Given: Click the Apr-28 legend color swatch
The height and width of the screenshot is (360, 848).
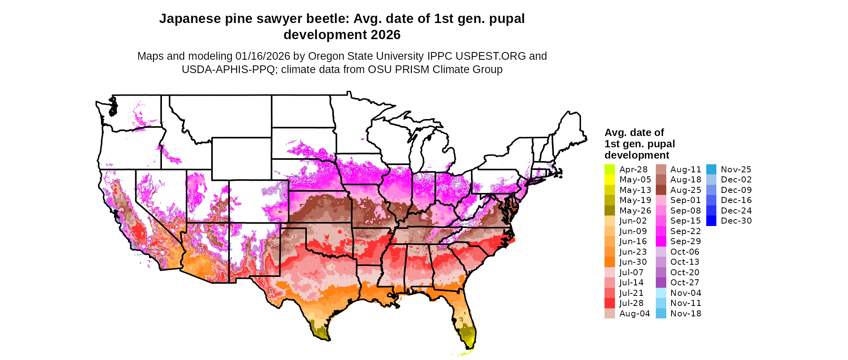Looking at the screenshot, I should click(x=610, y=170).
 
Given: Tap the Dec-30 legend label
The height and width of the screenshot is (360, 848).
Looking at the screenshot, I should click(x=736, y=221).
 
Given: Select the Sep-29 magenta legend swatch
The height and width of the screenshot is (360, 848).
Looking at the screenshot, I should click(x=661, y=241).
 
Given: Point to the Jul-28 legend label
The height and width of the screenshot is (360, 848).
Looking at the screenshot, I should click(x=632, y=303).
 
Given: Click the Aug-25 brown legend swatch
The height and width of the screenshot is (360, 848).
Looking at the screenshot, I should click(x=661, y=190).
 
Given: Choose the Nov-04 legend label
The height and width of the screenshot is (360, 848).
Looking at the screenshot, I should click(x=686, y=293).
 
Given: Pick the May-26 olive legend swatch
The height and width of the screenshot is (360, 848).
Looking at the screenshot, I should click(x=610, y=211).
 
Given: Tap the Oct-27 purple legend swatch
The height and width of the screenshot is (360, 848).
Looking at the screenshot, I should click(x=661, y=283).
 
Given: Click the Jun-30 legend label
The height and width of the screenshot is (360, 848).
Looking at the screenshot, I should click(x=633, y=262).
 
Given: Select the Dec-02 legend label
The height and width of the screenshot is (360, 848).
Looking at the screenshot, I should click(x=736, y=180).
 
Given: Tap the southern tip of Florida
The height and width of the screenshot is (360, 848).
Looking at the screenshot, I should click(x=469, y=346).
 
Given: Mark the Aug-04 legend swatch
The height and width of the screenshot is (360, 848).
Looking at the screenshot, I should click(x=610, y=314).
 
